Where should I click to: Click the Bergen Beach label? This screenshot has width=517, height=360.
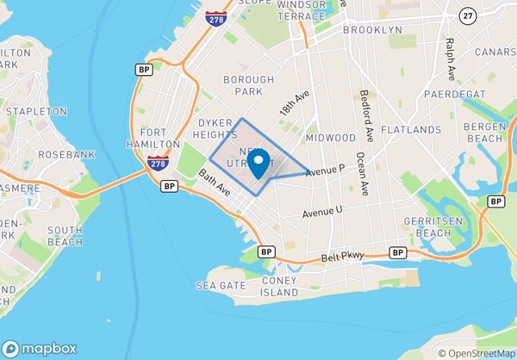click(486, 133)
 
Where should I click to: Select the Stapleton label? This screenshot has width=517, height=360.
click(35, 111)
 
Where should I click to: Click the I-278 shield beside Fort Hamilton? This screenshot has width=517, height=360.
click(157, 164)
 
